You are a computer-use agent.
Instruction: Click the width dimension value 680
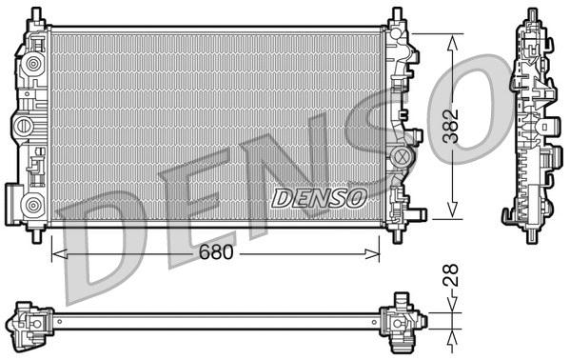(215, 254)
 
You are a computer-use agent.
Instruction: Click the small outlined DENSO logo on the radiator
(319, 198)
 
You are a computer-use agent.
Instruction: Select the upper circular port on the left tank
(35, 66)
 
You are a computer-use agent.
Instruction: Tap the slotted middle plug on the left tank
(23, 126)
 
